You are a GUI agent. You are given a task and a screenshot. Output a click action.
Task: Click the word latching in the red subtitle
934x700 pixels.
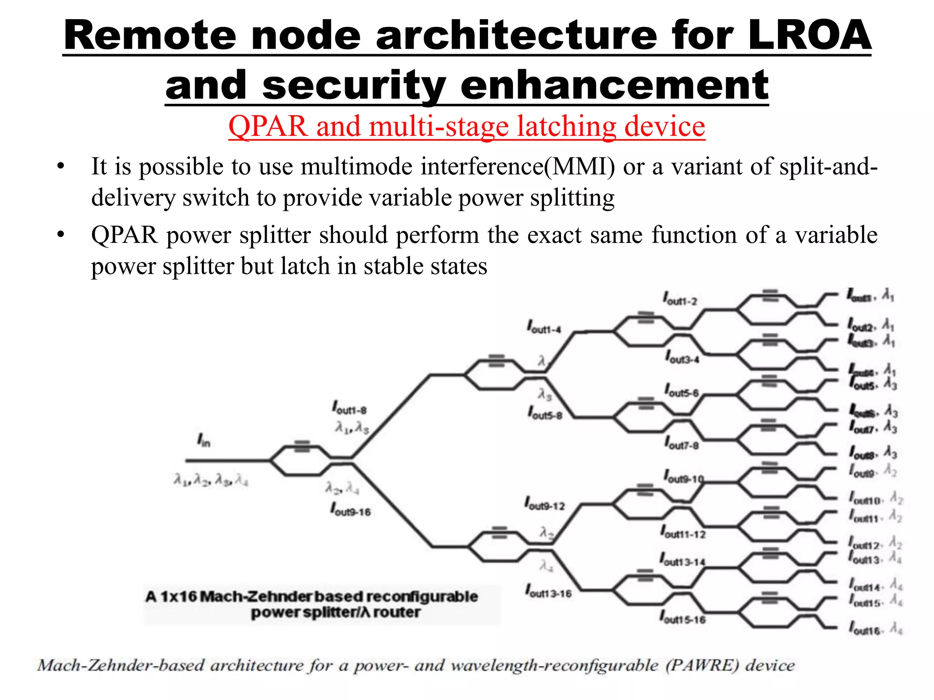click(x=566, y=126)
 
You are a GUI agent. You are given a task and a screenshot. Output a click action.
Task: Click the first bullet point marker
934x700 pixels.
click(x=61, y=167)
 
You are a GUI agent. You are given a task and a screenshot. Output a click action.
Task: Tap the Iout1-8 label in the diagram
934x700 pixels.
click(x=349, y=408)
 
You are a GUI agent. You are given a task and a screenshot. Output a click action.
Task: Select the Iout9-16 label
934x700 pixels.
click(x=350, y=510)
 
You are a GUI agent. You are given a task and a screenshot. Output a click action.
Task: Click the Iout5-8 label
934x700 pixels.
click(x=545, y=413)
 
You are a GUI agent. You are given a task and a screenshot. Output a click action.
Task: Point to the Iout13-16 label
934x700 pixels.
click(x=548, y=592)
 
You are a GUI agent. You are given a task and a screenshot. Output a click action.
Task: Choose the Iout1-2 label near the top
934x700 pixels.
click(x=680, y=299)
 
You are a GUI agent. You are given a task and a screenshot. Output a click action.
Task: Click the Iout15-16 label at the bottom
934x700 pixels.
click(x=683, y=618)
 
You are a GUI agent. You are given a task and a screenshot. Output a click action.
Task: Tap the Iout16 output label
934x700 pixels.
click(x=864, y=629)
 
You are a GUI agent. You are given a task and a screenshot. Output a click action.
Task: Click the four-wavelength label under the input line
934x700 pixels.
click(x=211, y=480)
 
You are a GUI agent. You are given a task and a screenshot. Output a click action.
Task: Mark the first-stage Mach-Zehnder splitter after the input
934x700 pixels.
click(x=301, y=460)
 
